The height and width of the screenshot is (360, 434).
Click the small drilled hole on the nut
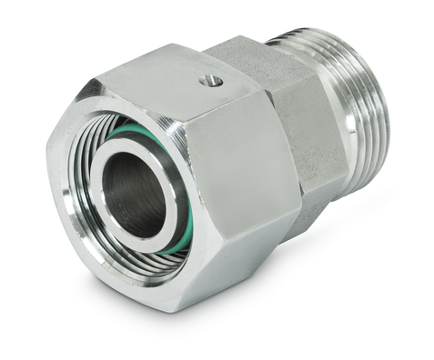211,81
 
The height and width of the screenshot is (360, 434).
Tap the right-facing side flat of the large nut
241,173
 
